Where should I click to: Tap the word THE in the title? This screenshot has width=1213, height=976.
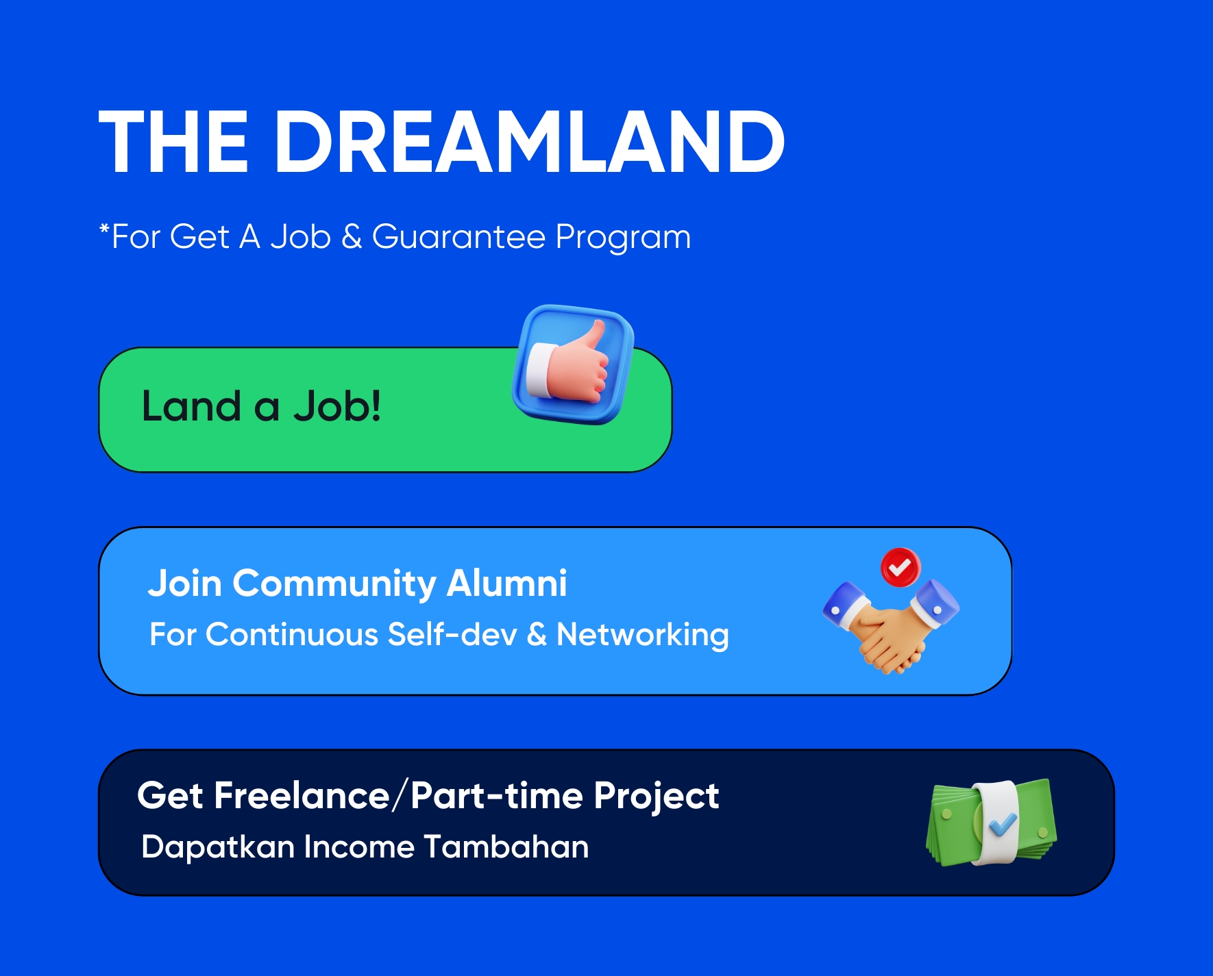pyautogui.click(x=173, y=142)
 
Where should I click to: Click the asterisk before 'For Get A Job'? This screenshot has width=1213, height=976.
pyautogui.click(x=104, y=229)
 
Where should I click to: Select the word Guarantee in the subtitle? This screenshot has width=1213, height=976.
pyautogui.click(x=458, y=237)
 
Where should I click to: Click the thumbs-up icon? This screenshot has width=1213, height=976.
pyautogui.click(x=573, y=364)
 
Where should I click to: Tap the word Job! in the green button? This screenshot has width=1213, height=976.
pyautogui.click(x=336, y=406)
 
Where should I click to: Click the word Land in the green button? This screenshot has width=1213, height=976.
pyautogui.click(x=191, y=406)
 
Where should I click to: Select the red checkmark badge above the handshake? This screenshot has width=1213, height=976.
pyautogui.click(x=900, y=567)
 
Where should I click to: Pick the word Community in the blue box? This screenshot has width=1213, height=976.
pyautogui.click(x=334, y=584)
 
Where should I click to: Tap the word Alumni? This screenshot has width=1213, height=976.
pyautogui.click(x=506, y=584)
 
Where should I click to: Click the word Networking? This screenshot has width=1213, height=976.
pyautogui.click(x=643, y=635)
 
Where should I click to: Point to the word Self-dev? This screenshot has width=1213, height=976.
pyautogui.click(x=452, y=634)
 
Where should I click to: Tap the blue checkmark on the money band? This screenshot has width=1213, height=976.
pyautogui.click(x=1002, y=823)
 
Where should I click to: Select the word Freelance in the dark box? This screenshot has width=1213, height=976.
pyautogui.click(x=302, y=796)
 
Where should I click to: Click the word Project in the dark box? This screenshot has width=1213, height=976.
pyautogui.click(x=656, y=797)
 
